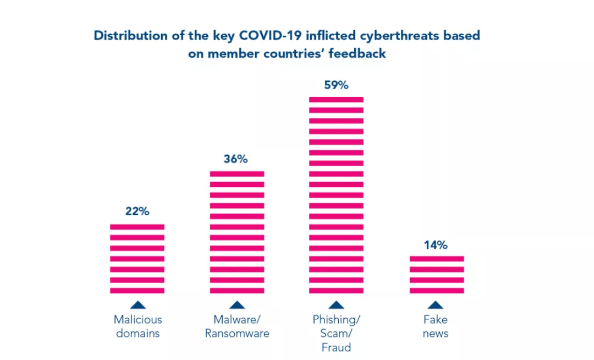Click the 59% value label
(x=336, y=85)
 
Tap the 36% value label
(x=236, y=159)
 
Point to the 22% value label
(x=137, y=211)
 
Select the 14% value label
(x=436, y=245)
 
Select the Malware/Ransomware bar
(x=237, y=232)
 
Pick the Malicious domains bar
(x=137, y=259)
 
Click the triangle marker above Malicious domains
(x=138, y=305)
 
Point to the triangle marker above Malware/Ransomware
(x=237, y=305)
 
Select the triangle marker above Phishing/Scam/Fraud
(x=336, y=305)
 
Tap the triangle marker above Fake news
(x=436, y=305)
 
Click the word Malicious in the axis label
(x=138, y=320)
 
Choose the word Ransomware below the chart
(x=237, y=334)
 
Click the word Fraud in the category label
(x=336, y=348)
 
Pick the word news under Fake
(x=436, y=334)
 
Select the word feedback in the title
(x=358, y=54)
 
